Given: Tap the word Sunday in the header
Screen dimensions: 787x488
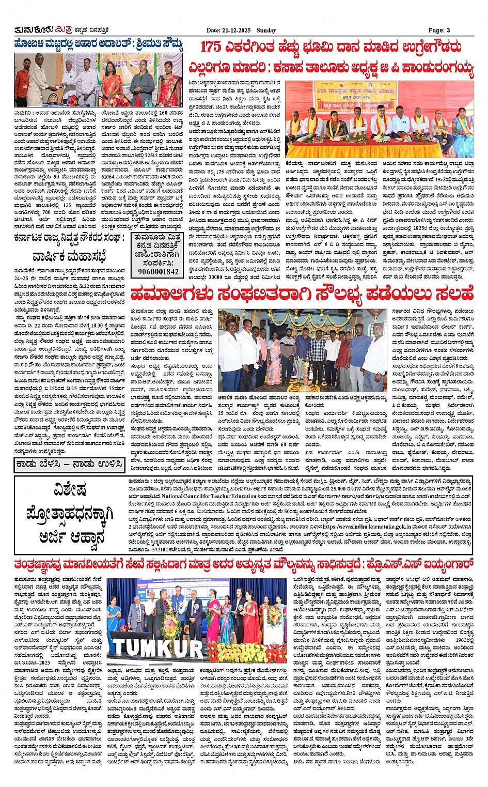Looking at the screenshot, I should [x=265, y=30].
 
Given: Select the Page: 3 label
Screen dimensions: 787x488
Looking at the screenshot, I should [x=439, y=30].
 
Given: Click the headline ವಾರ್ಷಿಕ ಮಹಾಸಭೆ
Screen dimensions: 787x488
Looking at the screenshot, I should [x=69, y=257].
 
